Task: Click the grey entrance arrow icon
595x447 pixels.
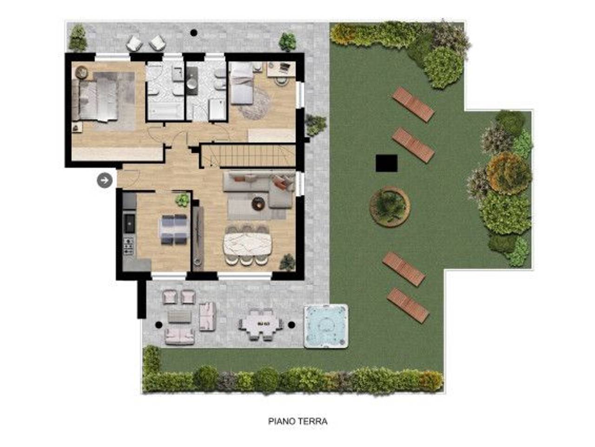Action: click(x=105, y=180)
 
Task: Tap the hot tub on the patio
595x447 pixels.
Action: click(x=325, y=325)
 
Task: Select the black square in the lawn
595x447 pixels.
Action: click(x=386, y=163)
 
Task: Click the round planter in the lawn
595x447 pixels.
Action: click(x=390, y=206)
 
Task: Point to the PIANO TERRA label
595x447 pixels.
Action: click(x=297, y=421)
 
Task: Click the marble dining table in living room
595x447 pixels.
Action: click(x=247, y=244)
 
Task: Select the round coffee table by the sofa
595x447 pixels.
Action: click(x=258, y=203)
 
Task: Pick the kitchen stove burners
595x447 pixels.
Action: click(x=128, y=246)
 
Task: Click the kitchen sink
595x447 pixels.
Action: click(x=129, y=223)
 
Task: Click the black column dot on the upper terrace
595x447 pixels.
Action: click(x=193, y=33)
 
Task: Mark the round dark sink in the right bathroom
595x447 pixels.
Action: click(x=192, y=85)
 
